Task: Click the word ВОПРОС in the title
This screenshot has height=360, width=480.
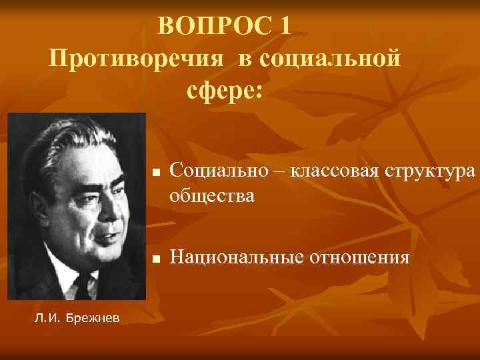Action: point(215,27)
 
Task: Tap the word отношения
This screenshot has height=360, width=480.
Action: point(357,256)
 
